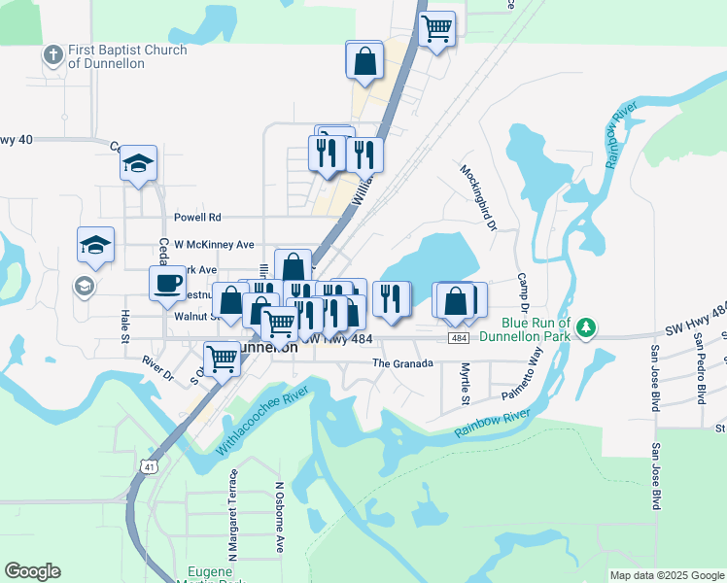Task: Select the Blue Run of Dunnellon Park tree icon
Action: [x=585, y=327]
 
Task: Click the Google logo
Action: [x=31, y=571]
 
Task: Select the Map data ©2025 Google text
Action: [x=666, y=575]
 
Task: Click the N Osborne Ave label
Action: [x=279, y=516]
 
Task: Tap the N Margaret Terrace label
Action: [x=233, y=516]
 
